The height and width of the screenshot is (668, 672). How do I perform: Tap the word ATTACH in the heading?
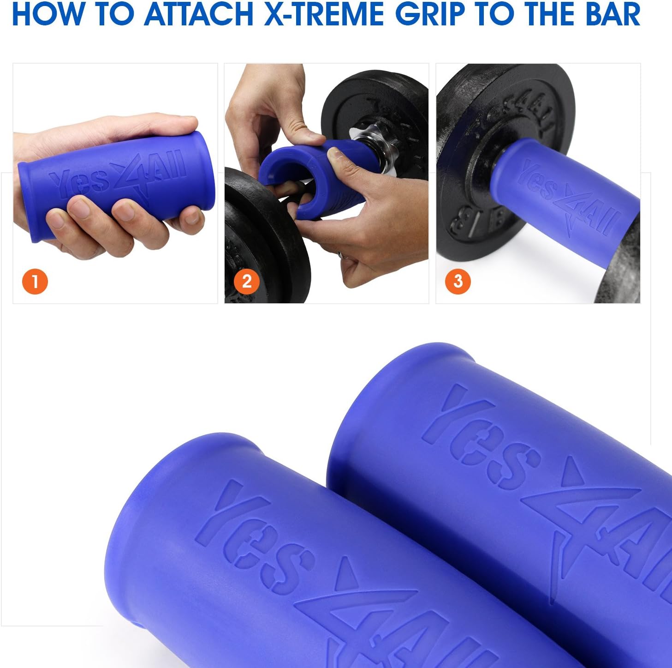(x=198, y=14)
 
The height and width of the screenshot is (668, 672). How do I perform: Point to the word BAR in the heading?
(x=613, y=14)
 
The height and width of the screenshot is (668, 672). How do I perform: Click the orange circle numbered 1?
(x=35, y=281)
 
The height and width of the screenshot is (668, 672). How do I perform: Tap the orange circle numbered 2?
(x=247, y=281)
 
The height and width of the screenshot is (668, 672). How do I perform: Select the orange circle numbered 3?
(x=458, y=281)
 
